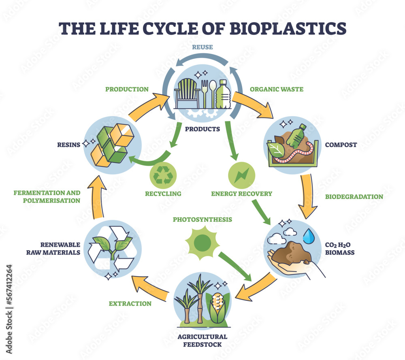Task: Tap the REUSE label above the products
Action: coord(203,47)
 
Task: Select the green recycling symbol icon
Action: coord(163,175)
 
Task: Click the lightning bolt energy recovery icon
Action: coord(241,175)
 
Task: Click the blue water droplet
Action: coord(310,237)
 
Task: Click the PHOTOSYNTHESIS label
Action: coord(202,219)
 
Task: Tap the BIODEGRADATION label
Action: coord(354,197)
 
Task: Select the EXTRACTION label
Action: coord(130,303)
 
